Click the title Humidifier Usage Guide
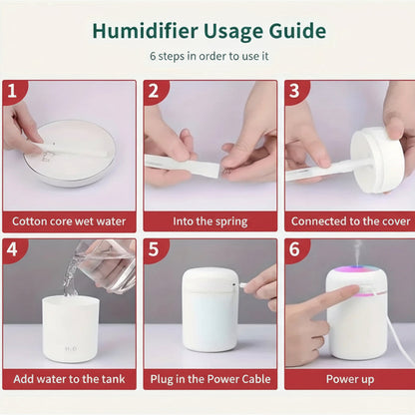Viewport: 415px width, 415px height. (208, 30)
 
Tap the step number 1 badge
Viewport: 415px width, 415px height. (12, 92)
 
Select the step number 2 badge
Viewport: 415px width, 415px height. (154, 92)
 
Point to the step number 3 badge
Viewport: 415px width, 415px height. (295, 92)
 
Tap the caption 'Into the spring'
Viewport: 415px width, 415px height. (208, 220)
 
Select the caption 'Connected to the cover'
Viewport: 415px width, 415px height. (349, 220)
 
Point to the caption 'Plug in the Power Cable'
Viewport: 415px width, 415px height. (208, 378)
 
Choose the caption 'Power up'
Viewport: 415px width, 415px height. (349, 378)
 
